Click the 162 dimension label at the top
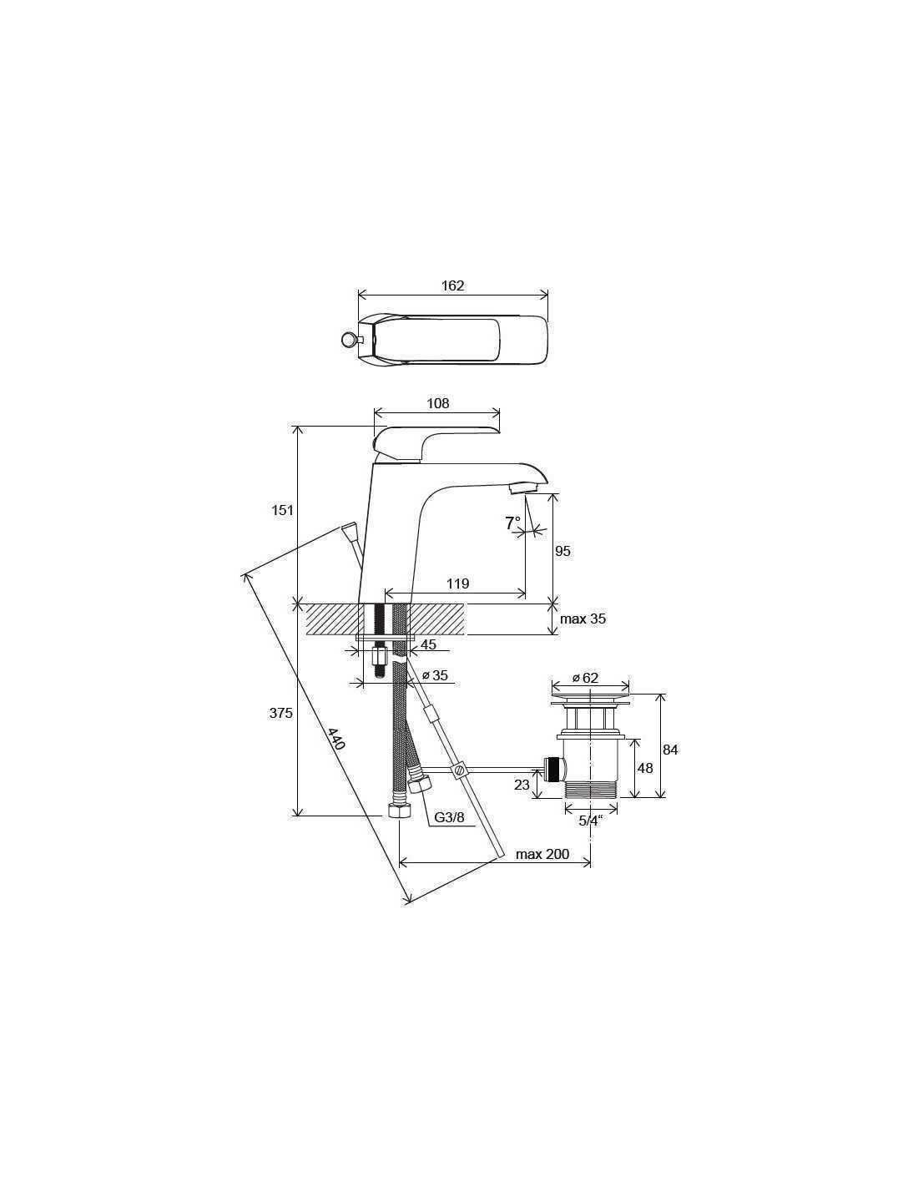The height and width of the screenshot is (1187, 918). tap(452, 285)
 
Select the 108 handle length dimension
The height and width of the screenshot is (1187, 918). tap(438, 403)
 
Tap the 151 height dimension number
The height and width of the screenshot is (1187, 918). tap(282, 510)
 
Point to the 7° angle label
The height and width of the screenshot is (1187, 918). tap(512, 523)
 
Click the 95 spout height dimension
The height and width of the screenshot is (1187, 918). tap(562, 551)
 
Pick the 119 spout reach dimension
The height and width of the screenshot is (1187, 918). tap(457, 583)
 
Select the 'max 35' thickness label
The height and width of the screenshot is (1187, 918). tap(583, 619)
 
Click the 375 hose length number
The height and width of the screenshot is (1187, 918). tap(280, 713)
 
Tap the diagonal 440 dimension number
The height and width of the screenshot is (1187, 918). tap(336, 739)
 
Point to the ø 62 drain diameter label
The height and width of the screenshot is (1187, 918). tap(585, 678)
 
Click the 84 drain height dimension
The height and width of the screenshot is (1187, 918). tap(670, 750)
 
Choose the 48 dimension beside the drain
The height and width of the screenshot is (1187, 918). tap(645, 768)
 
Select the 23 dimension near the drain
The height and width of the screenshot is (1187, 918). tap(522, 785)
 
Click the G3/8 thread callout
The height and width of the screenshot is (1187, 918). tap(449, 817)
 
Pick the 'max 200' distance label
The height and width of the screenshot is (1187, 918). tap(542, 854)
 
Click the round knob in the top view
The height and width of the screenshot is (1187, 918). tap(347, 340)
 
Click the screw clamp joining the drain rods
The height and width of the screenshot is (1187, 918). tap(460, 770)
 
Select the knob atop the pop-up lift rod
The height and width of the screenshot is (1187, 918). tap(348, 530)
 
